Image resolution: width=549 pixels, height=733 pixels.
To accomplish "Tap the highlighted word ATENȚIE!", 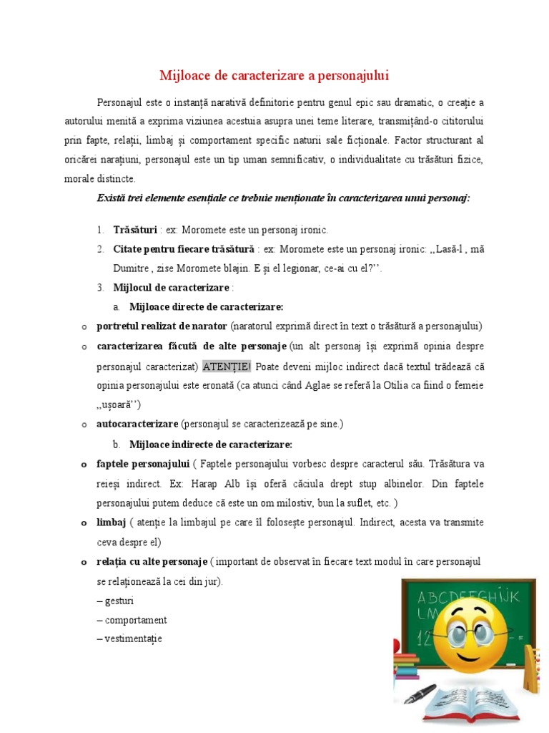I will [227, 366].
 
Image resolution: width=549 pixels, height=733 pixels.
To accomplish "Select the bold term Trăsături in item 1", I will [134, 230].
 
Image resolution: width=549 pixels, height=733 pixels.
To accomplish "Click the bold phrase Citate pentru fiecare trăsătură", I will [183, 249].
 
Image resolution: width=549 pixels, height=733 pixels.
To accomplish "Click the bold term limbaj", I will [111, 523].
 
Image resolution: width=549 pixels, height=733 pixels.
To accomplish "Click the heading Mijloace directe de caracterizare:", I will [206, 307].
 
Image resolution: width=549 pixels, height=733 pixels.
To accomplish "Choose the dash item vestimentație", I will [133, 638].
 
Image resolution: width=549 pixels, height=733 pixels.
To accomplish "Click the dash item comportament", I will [135, 619].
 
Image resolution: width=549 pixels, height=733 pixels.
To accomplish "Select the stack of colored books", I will [406, 667].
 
